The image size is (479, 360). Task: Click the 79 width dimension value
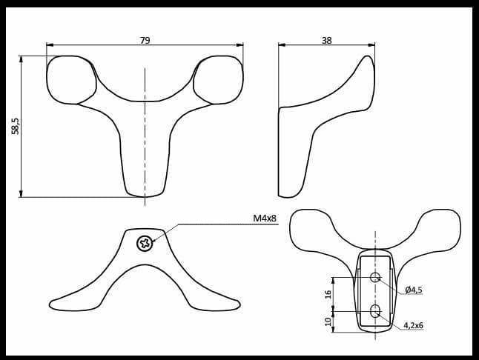pos(145,41)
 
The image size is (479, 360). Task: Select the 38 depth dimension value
pos(326,41)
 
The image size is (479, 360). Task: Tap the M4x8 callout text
pos(264,218)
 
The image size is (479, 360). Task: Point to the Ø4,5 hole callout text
pos(414,290)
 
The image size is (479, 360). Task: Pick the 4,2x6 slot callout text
pos(414,325)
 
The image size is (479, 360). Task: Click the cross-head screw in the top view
pos(145,242)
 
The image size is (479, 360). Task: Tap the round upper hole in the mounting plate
pos(375,278)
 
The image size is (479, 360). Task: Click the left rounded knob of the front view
pos(70,79)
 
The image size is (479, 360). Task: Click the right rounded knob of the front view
pos(220,79)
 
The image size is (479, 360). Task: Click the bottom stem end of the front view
pos(145,190)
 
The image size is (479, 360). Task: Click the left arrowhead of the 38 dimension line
pos(281,45)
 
